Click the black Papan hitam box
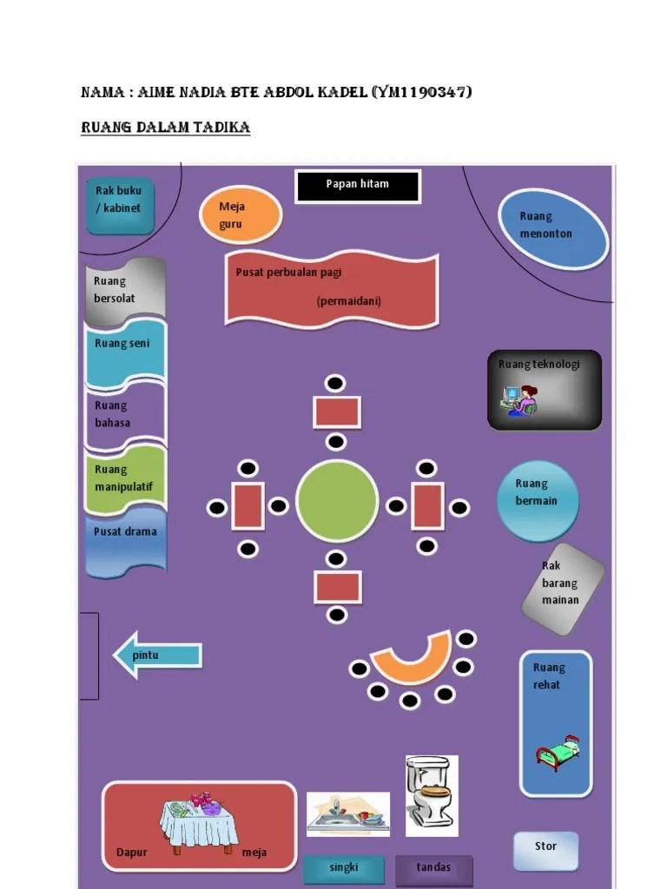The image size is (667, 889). [357, 186]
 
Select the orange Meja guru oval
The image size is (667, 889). [241, 214]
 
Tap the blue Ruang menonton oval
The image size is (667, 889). [552, 228]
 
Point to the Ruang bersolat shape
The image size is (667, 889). [125, 289]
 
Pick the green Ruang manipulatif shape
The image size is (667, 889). [125, 478]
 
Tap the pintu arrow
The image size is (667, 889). [158, 655]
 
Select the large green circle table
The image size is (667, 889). [337, 502]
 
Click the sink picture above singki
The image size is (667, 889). [347, 813]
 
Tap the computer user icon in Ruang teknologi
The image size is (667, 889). [519, 399]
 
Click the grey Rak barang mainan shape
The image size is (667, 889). [563, 589]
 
